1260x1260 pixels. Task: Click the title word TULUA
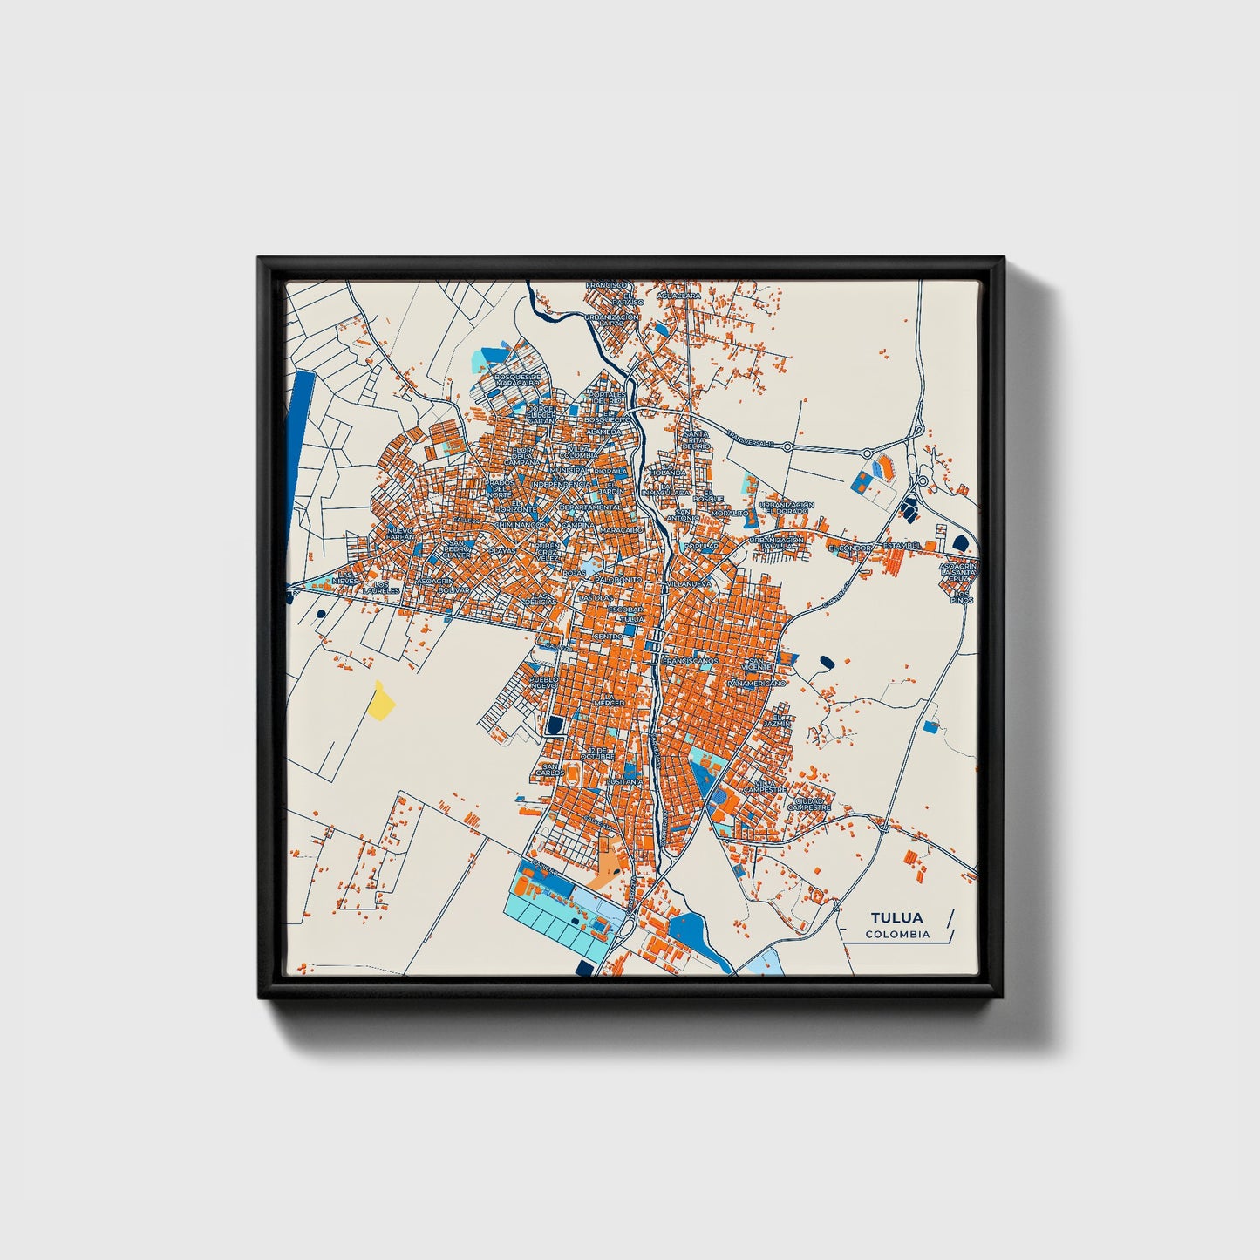[x=896, y=917]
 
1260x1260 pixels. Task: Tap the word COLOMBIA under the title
[x=897, y=935]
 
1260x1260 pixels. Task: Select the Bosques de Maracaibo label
[x=518, y=380]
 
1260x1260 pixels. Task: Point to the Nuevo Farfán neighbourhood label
[x=400, y=533]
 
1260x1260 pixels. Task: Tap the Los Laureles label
[x=381, y=588]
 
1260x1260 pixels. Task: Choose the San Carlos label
[x=549, y=769]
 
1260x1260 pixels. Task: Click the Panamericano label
[x=756, y=683]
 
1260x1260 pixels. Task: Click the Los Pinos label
[x=962, y=597]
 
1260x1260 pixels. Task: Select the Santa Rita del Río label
[x=696, y=439]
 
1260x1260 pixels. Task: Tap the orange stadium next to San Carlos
[x=573, y=773]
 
